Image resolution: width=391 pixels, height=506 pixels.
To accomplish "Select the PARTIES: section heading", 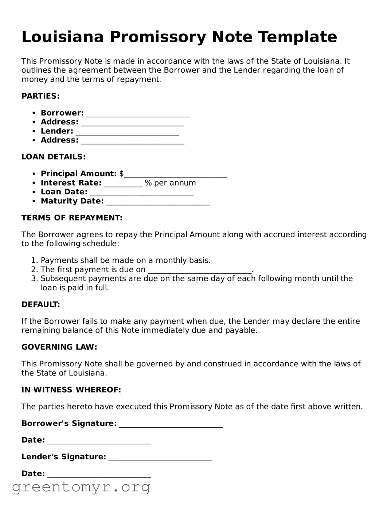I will click(x=40, y=96).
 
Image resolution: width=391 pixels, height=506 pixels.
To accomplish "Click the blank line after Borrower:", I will click(x=138, y=114).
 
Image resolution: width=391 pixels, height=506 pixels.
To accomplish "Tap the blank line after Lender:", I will click(x=127, y=132).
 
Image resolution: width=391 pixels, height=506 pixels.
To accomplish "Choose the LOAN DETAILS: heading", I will click(x=54, y=157).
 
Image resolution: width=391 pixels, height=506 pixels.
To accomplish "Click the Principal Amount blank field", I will click(x=176, y=174).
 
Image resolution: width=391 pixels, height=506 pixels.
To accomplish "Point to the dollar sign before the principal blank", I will click(x=121, y=174).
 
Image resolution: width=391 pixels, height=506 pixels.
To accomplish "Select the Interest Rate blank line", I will click(x=123, y=183).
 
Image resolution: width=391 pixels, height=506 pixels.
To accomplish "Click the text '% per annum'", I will click(x=170, y=183).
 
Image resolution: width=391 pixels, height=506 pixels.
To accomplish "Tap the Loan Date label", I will click(x=64, y=192).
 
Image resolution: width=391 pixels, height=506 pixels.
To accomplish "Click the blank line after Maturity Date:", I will click(x=158, y=202).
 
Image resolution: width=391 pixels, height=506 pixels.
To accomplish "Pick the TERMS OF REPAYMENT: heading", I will click(x=72, y=218).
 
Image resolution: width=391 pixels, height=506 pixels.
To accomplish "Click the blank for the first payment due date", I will click(x=200, y=270).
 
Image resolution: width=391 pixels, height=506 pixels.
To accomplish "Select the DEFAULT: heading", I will click(x=41, y=305).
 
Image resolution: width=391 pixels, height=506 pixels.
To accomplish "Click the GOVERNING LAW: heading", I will click(x=59, y=347).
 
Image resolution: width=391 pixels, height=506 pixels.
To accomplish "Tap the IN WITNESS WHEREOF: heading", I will click(x=71, y=390).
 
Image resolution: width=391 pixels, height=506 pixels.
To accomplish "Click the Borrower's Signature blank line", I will click(x=171, y=424).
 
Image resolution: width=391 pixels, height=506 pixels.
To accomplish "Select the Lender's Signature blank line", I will click(x=160, y=458).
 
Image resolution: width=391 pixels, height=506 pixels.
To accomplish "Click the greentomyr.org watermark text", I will click(x=81, y=487).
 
